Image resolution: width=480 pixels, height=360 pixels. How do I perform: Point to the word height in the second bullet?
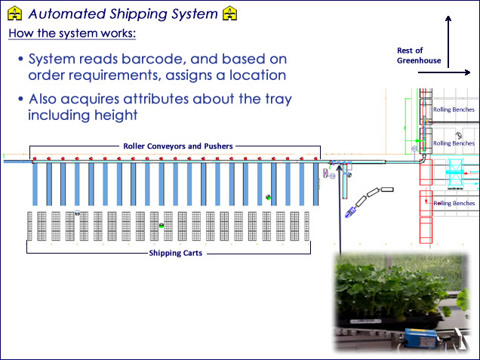pyautogui.click(x=140, y=115)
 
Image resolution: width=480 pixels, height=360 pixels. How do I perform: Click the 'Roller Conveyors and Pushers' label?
pyautogui.click(x=178, y=146)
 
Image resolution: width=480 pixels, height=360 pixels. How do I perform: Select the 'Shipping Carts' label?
pyautogui.click(x=174, y=253)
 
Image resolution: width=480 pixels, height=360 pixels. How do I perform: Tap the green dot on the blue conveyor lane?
pyautogui.click(x=268, y=197)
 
